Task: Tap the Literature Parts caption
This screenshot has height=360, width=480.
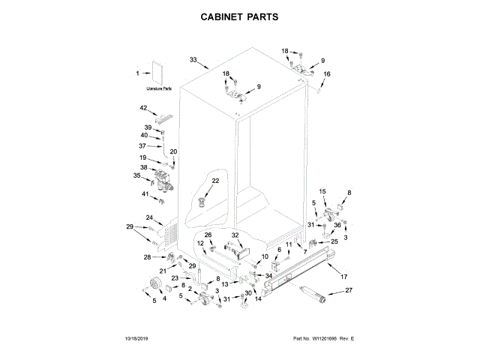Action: coord(159,89)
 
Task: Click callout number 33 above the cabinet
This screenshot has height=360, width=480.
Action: coord(193,59)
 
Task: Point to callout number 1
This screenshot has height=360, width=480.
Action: coord(137,73)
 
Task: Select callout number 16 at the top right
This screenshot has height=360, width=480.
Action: coord(326,73)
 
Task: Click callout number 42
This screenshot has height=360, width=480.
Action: coord(143,108)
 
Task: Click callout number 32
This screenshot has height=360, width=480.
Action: coord(235,235)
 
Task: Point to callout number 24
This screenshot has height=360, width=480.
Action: coord(149,218)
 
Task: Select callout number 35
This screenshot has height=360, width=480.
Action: coord(137,175)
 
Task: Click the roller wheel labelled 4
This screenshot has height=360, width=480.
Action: coord(156,283)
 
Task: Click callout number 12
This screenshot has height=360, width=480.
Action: coord(200,243)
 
